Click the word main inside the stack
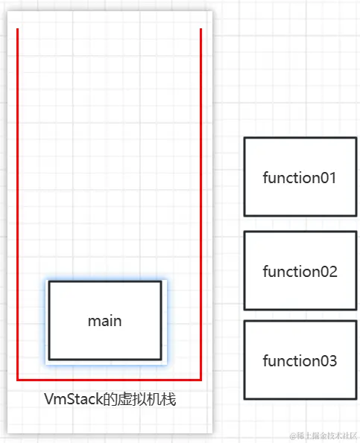[104, 321]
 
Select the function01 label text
[300, 178]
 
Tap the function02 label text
[300, 272]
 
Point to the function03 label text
[300, 361]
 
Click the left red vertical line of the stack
[18, 201]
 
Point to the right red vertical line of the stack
[201, 201]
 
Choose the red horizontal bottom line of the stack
[110, 380]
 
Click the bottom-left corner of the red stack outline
[18, 380]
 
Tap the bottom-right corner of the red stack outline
[201, 380]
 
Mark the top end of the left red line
[18, 30]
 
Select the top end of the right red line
[201, 30]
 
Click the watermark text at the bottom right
[317, 434]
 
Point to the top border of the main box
[104, 281]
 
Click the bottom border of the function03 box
[300, 398]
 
